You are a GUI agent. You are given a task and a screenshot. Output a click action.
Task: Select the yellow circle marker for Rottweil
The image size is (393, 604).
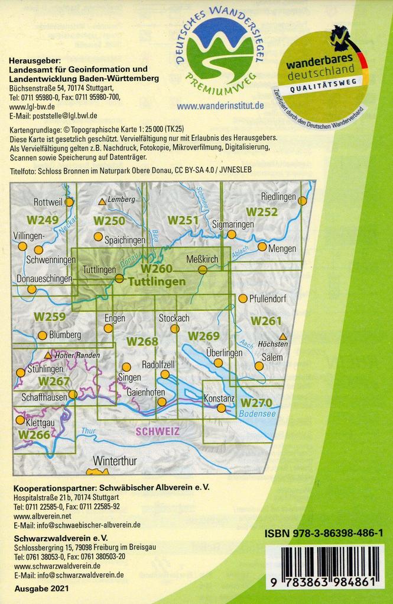[69, 202]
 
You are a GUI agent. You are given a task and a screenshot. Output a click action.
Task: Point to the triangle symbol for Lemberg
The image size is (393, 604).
[102, 202]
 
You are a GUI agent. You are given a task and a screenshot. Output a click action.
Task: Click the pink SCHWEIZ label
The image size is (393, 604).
[157, 432]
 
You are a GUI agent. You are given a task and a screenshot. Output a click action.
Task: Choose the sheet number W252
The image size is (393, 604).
[261, 211]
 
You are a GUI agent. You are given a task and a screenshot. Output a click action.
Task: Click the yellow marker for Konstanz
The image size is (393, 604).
[221, 408]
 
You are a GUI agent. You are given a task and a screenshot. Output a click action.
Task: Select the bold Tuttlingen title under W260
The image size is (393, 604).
[157, 282]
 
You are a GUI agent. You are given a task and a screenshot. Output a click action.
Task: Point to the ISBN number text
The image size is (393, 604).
[324, 534]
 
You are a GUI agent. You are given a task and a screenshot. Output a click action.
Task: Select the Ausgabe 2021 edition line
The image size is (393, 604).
[39, 589]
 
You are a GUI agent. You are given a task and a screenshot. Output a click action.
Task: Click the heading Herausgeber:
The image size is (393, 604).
[34, 60]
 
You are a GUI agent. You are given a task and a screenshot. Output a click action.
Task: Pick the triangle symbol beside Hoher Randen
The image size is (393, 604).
[48, 355]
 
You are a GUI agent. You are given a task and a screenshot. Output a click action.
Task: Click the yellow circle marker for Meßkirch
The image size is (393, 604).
[202, 270]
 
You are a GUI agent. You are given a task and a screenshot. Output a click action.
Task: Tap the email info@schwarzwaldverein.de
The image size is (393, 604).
[69, 574]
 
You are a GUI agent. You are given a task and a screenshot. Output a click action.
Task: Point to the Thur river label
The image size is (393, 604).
[88, 430]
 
